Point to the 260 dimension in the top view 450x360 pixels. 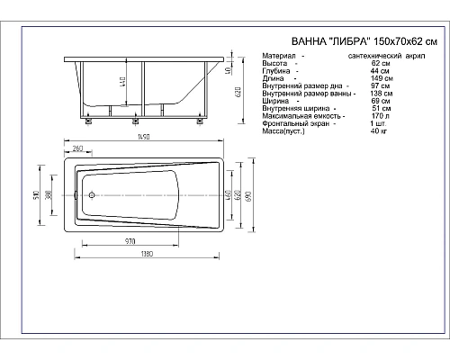[x=76, y=148]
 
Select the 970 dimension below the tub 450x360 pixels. [x=129, y=241]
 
